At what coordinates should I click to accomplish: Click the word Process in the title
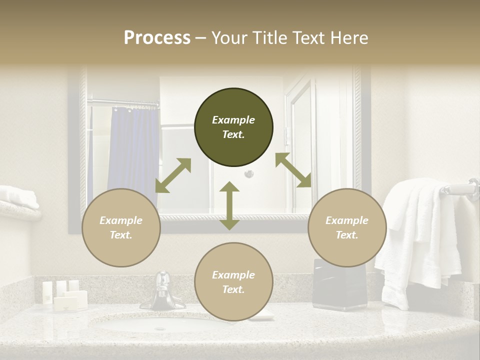point(157,38)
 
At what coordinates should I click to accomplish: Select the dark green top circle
point(233,127)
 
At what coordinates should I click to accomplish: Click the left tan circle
point(121,227)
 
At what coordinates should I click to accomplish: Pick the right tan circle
point(347,227)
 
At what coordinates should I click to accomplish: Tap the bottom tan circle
point(233,282)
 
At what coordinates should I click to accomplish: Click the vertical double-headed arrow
point(229,205)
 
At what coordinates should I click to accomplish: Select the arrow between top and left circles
point(173,175)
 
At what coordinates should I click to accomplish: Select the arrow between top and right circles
point(293,170)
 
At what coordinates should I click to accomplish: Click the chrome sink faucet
point(162,292)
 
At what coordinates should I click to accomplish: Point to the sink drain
point(160,328)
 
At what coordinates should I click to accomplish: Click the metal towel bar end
point(467,188)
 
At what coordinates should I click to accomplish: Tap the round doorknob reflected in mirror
point(248,173)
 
